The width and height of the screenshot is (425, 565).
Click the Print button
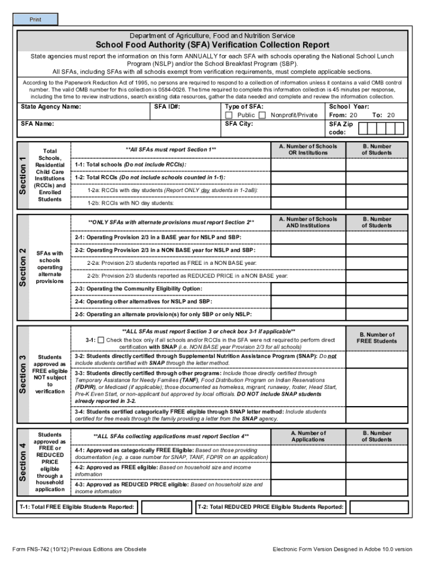coord(35,20)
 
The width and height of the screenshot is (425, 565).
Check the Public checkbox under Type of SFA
coord(229,115)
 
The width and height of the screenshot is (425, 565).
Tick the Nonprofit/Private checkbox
coord(262,115)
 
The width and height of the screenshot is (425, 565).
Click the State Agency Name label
coord(51,106)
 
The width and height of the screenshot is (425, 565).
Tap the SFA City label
coord(239,124)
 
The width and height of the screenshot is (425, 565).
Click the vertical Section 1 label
coord(22,174)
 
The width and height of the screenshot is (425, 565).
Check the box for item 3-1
coord(100,340)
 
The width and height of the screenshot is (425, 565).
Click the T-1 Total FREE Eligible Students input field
coord(166,507)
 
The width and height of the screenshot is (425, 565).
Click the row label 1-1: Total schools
coord(130,165)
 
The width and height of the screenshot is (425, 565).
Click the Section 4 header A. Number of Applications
coord(308,436)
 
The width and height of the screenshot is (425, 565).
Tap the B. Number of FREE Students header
coord(377,338)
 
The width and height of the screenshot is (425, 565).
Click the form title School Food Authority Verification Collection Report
coord(212,45)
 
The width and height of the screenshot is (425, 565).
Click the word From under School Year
coord(337,115)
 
